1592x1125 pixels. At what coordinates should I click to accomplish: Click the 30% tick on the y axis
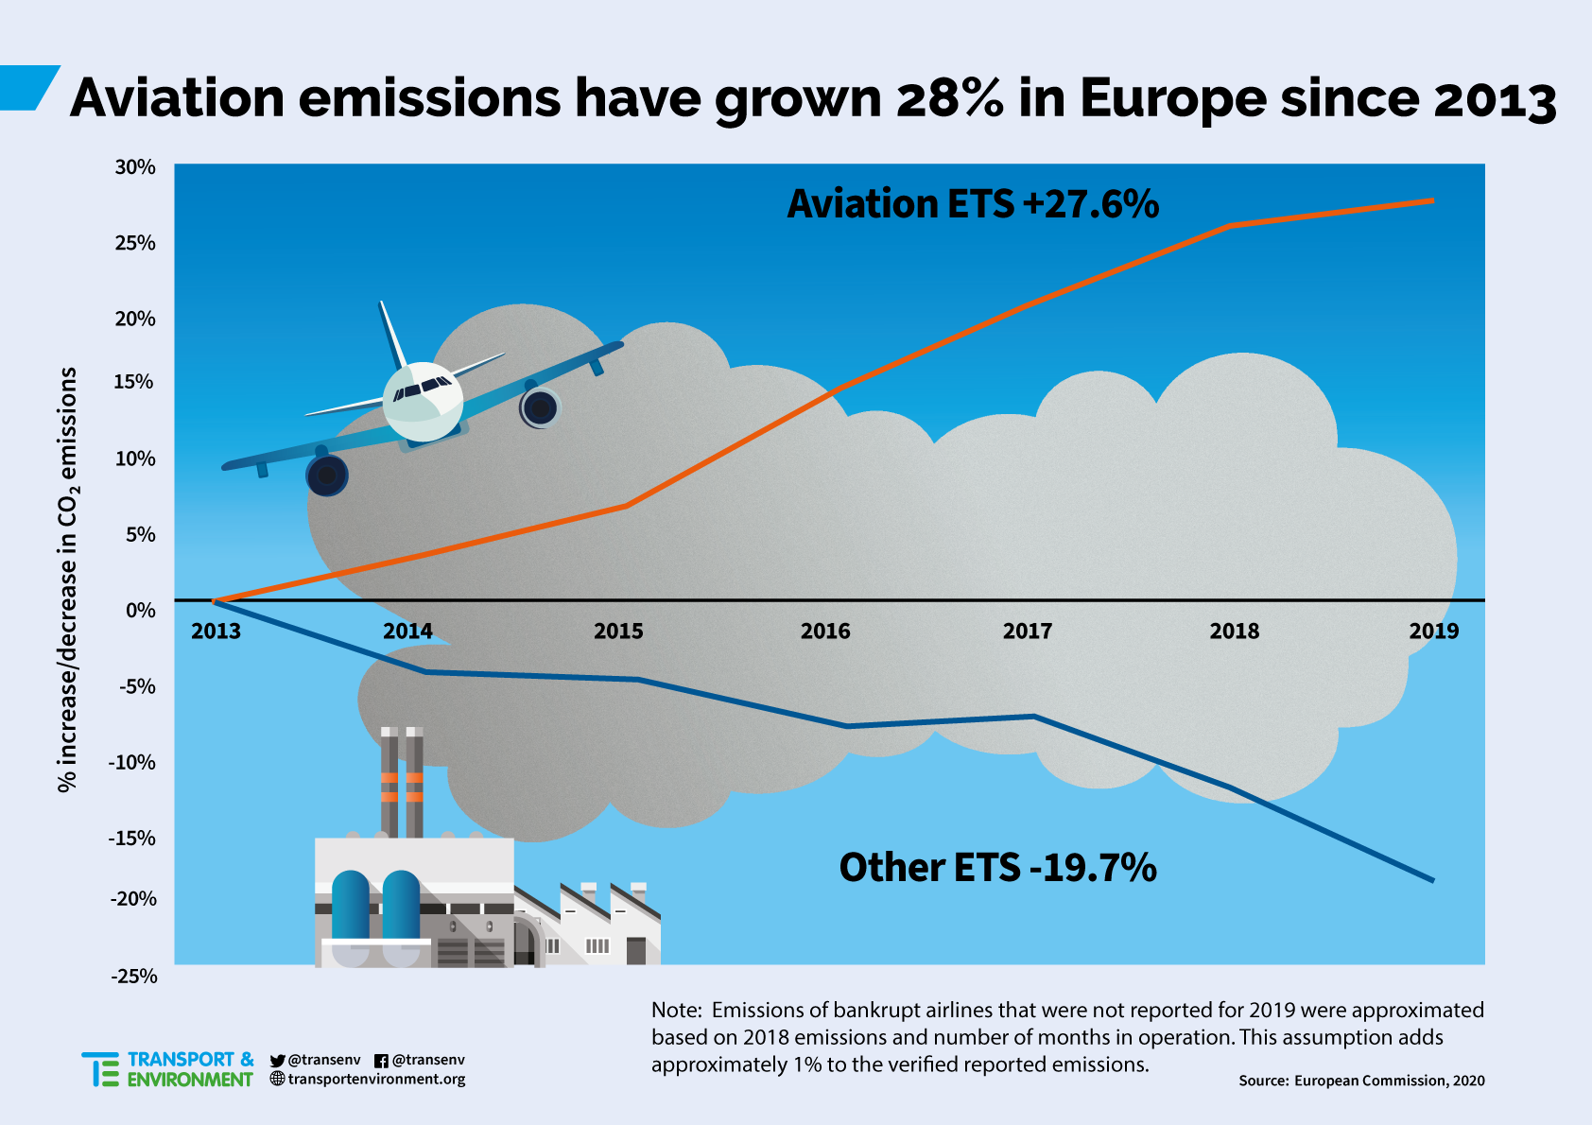[x=135, y=167]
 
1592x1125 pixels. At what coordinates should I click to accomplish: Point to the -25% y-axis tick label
[x=134, y=976]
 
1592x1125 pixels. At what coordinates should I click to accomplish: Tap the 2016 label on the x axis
[x=825, y=632]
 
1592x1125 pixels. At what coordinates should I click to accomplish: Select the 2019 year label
[x=1433, y=632]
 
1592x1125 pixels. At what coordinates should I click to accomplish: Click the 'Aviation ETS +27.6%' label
[x=973, y=204]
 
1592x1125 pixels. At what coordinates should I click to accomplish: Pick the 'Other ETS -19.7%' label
[x=997, y=868]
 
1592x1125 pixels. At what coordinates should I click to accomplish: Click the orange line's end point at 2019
[x=1432, y=200]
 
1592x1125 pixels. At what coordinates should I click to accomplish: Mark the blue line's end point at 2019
[x=1432, y=880]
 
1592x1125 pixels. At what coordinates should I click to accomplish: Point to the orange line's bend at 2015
[x=627, y=506]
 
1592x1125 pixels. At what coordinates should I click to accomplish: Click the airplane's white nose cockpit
[x=423, y=401]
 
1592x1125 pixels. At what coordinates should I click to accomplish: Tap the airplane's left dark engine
[x=327, y=476]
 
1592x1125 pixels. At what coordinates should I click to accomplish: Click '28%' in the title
[x=949, y=98]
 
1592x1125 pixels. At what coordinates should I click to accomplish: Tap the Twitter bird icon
[x=277, y=1061]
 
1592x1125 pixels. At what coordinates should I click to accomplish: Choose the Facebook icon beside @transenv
[x=381, y=1061]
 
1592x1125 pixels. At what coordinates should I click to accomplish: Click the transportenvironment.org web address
[x=376, y=1080]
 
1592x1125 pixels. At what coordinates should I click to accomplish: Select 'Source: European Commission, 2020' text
[x=1361, y=1081]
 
